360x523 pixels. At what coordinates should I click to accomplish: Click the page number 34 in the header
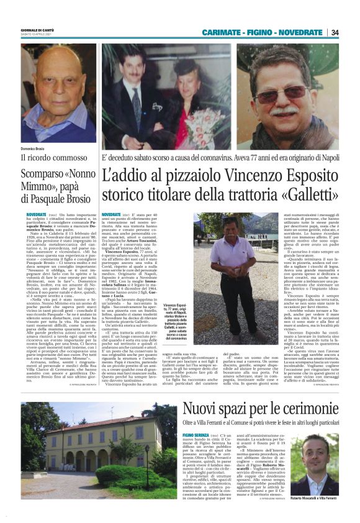pos(335,32)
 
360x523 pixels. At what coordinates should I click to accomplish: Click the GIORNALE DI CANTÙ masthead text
pos(35,27)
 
